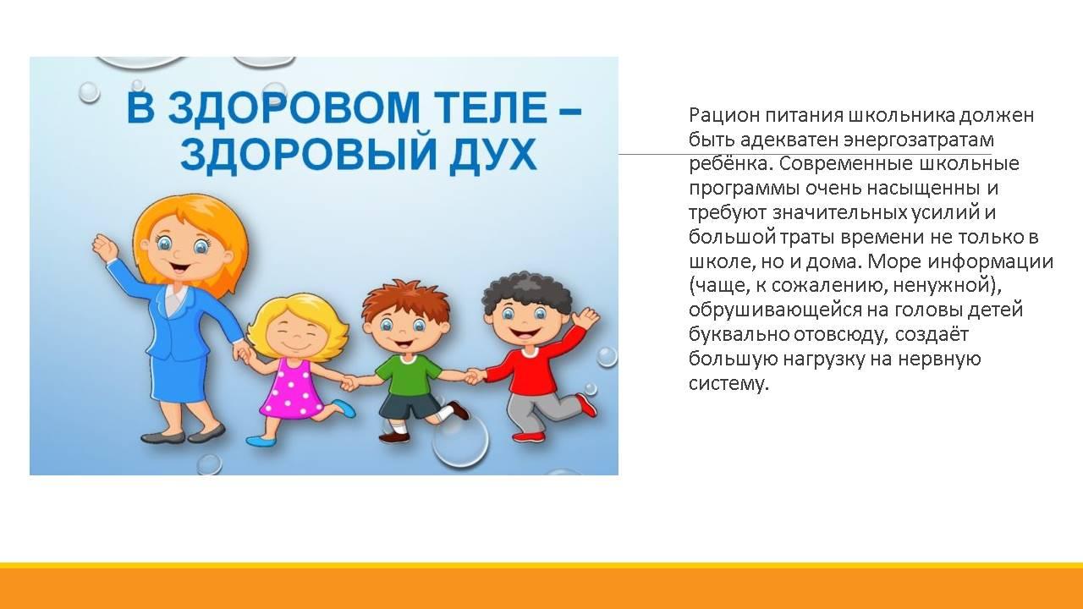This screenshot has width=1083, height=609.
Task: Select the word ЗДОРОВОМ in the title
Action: pos(294,107)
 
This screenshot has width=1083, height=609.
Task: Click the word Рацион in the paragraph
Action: pos(723,116)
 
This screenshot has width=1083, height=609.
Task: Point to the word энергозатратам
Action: pos(919,140)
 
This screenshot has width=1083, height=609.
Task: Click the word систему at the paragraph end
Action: pos(728,384)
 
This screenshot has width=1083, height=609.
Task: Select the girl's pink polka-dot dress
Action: pos(290,389)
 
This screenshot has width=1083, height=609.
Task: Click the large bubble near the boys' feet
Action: pos(459,440)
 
